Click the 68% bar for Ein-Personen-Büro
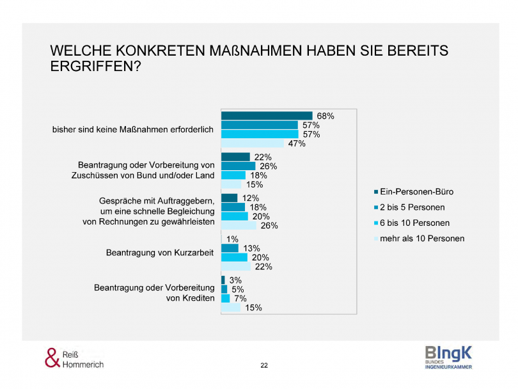point(266,116)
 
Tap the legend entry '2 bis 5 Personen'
point(413,207)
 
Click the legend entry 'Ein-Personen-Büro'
point(416,191)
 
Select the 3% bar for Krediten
point(223,280)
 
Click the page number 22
point(264,365)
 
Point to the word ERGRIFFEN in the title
point(91,65)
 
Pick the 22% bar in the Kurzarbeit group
point(236,266)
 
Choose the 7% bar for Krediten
point(225,298)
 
